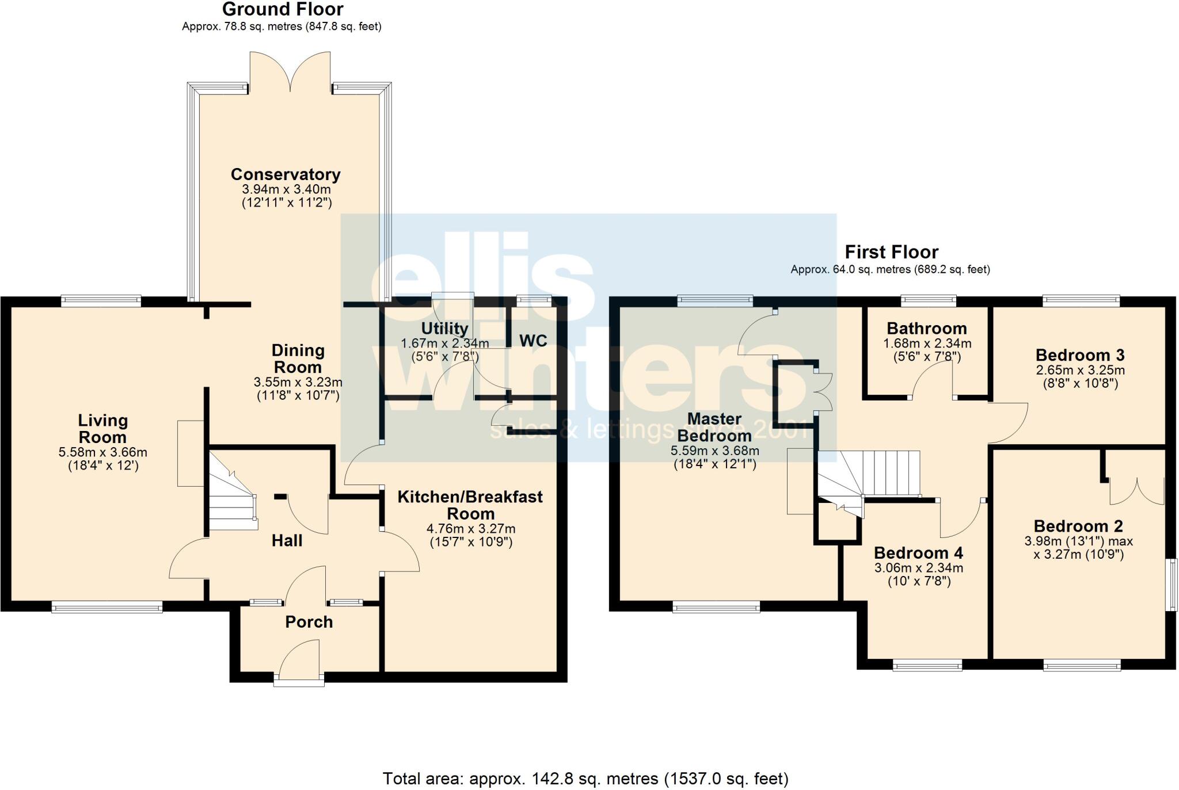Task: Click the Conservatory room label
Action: pyautogui.click(x=286, y=174)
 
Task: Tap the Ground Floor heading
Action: pyautogui.click(x=283, y=9)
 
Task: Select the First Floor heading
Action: pyautogui.click(x=891, y=252)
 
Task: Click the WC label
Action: pyautogui.click(x=533, y=341)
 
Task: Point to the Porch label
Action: pyautogui.click(x=309, y=622)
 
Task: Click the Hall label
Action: pyautogui.click(x=287, y=541)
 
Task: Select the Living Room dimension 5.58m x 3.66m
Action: pyautogui.click(x=103, y=453)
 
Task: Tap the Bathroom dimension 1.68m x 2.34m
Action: pyautogui.click(x=927, y=344)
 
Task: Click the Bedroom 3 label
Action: pyautogui.click(x=1080, y=355)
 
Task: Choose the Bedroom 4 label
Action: pyautogui.click(x=918, y=553)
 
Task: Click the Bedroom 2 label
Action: pyautogui.click(x=1078, y=526)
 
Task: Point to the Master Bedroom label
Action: pyautogui.click(x=714, y=427)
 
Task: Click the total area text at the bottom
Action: pyautogui.click(x=585, y=779)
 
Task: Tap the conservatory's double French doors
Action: pyautogui.click(x=290, y=72)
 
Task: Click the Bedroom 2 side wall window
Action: pyautogui.click(x=1171, y=584)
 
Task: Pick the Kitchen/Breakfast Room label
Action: pyautogui.click(x=470, y=505)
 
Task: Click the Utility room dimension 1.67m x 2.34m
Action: pyautogui.click(x=444, y=344)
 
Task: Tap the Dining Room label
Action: pyautogui.click(x=298, y=358)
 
